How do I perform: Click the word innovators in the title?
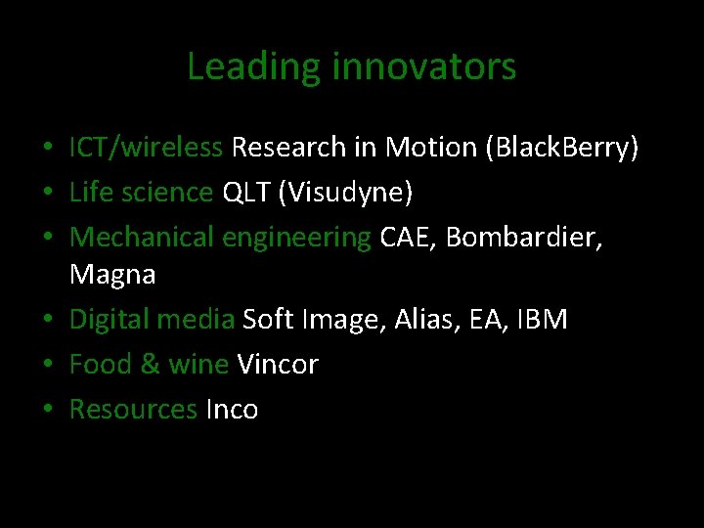(424, 67)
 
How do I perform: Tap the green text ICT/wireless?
(146, 148)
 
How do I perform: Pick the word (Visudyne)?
(346, 193)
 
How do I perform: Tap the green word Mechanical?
(142, 237)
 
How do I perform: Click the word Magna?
(112, 275)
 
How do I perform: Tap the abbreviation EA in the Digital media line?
(486, 320)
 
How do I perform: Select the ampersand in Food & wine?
(150, 365)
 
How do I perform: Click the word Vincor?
(278, 365)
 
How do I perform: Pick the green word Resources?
(133, 410)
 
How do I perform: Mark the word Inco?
(232, 410)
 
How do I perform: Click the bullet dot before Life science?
(47, 194)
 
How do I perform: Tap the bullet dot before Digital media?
(47, 321)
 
